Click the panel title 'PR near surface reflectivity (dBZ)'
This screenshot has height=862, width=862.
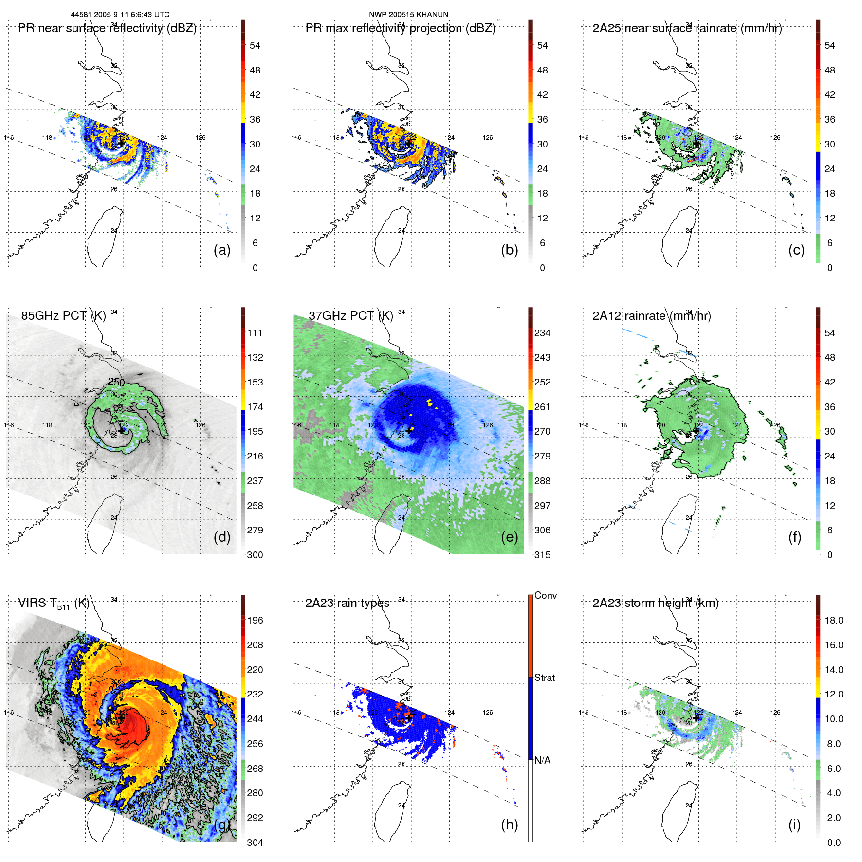pos(107,28)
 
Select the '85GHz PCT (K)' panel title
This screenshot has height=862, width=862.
pos(63,316)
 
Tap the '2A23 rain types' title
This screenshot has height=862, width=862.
pos(347,603)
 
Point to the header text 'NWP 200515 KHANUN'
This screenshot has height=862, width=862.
pos(408,15)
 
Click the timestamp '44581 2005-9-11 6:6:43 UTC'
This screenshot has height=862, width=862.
pos(120,15)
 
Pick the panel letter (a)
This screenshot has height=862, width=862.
pos(222,250)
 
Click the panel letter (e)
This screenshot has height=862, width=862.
pos(509,537)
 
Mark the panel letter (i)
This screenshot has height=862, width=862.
pos(794,825)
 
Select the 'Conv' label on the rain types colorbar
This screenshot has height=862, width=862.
pos(545,595)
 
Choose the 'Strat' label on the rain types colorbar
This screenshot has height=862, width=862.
pos(544,678)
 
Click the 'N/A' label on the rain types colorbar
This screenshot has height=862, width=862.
pos(542,760)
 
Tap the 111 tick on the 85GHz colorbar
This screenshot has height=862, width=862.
pos(255,333)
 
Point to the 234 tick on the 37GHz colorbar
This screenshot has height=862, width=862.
pos(542,333)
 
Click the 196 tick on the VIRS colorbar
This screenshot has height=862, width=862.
pos(255,621)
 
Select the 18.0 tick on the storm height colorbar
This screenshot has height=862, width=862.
pos(834,621)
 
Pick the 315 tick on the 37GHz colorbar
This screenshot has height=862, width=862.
pos(542,555)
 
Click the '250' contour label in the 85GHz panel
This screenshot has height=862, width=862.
pos(116,382)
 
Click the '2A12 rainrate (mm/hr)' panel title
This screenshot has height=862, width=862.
pos(651,316)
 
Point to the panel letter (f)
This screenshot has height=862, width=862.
pos(794,537)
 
